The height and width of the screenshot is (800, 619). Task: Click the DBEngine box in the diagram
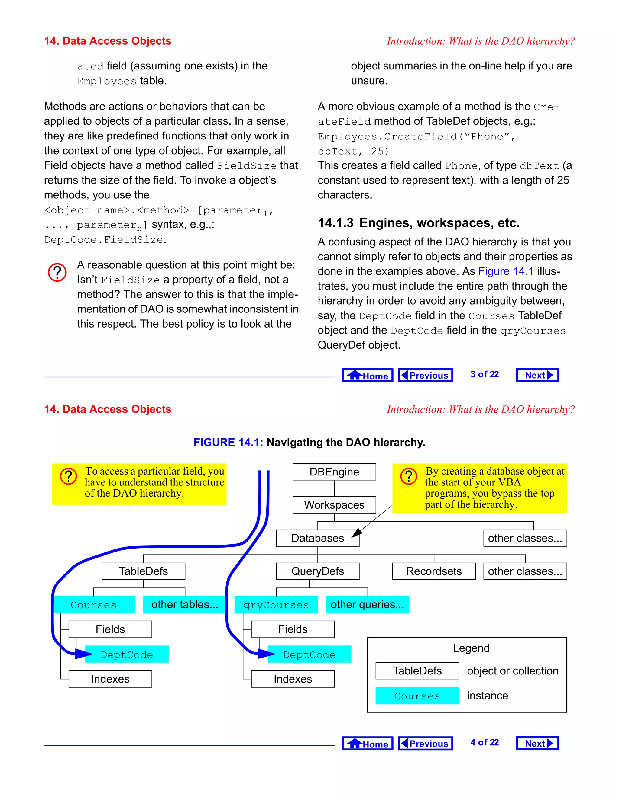pos(334,472)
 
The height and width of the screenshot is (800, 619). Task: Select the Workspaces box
pos(334,505)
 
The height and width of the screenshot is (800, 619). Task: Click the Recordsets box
pos(433,571)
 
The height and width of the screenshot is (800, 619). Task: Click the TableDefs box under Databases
pos(143,571)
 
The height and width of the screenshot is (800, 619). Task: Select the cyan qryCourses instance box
pos(276,604)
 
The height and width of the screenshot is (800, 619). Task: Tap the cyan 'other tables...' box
pos(184,604)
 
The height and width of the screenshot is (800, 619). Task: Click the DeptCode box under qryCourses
pos(309,654)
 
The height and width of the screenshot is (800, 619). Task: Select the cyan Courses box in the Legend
pos(417,696)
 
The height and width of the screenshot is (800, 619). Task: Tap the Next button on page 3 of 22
pos(537,375)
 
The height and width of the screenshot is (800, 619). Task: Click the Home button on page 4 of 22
pos(368,744)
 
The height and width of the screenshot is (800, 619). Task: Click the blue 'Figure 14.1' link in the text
pos(506,271)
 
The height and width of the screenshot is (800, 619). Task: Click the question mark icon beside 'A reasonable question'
pos(57,272)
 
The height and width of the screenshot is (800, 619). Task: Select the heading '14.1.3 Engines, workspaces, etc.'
pos(418,223)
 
